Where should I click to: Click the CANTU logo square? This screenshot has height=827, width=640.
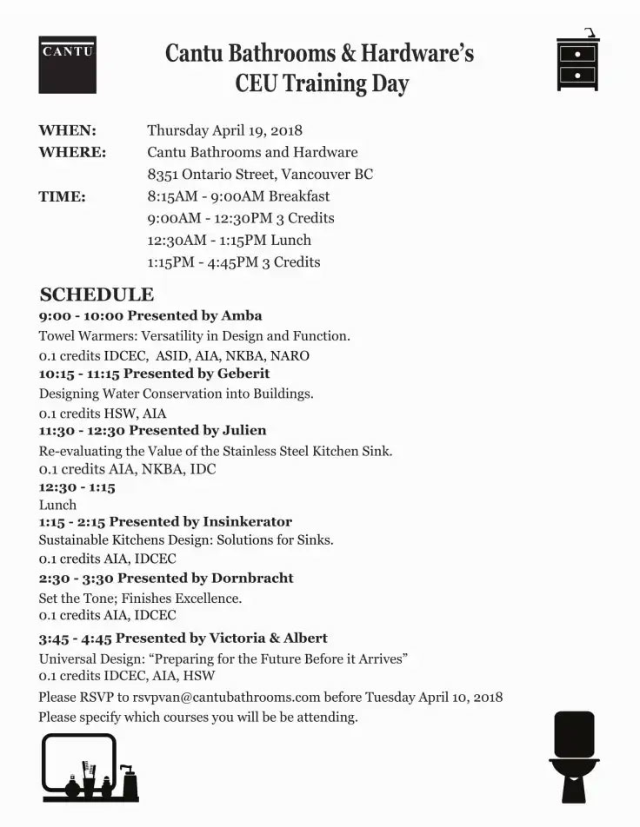coord(67,64)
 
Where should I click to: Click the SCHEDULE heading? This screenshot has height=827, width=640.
coord(97,294)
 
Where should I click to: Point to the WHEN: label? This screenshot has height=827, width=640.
coord(67,130)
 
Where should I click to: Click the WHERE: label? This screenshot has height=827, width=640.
coord(72,152)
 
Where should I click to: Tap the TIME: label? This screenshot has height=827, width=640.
coord(62,196)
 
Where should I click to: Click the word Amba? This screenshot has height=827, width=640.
coord(242,315)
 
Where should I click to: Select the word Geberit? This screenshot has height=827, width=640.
coord(246,373)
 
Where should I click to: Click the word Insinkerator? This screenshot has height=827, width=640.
coord(247,521)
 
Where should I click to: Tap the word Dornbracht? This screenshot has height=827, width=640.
coord(252,578)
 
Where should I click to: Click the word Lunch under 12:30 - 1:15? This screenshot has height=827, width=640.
coord(57,505)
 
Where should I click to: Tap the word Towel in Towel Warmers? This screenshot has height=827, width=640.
coord(57,335)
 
